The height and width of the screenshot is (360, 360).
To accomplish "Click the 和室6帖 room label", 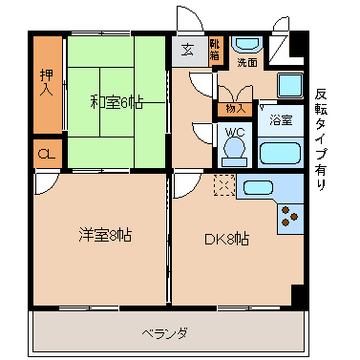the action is [x=116, y=103].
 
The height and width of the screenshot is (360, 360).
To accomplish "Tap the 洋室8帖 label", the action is [x=105, y=236].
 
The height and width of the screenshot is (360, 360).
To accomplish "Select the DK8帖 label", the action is [x=226, y=239].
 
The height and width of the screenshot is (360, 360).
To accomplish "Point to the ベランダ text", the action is [x=164, y=333].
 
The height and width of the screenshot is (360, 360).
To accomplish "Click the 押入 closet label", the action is [x=47, y=82].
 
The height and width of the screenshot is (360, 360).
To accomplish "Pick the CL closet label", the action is [x=47, y=155].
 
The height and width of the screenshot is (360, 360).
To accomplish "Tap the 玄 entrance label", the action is [x=187, y=50].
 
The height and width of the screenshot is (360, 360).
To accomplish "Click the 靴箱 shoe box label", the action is [x=215, y=49].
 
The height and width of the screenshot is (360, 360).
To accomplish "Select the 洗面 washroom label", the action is [x=247, y=62].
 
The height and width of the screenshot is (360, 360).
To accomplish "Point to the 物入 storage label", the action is [x=236, y=109].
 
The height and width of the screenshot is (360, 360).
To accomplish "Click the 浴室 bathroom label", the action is [x=281, y=120].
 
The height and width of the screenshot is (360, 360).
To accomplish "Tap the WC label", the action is [x=235, y=132].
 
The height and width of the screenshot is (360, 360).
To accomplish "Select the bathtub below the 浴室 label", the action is [x=281, y=153].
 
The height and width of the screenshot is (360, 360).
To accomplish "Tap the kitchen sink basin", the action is [x=258, y=187].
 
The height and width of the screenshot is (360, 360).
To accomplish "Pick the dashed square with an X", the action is [x=224, y=185].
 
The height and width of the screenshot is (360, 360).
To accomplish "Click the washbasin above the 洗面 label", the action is [x=247, y=44].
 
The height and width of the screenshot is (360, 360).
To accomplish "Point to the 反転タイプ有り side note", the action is [x=321, y=139].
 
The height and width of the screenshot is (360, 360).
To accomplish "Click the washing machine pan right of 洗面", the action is [x=290, y=85].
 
